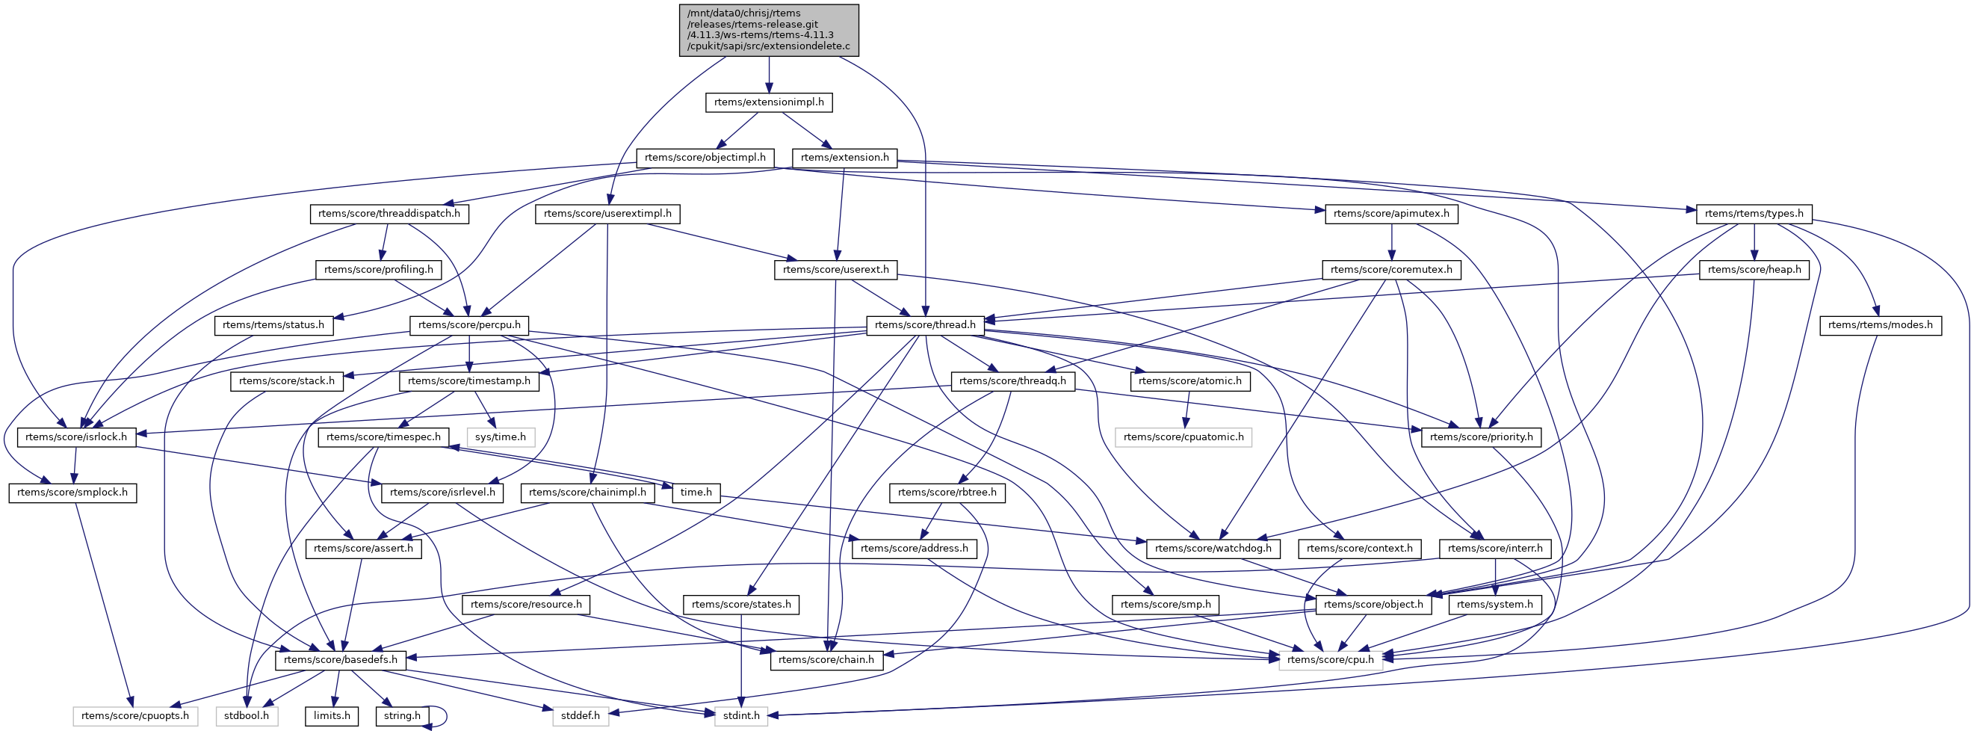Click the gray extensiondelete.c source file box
(x=769, y=30)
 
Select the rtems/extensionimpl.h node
(x=769, y=102)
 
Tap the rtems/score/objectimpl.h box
(x=705, y=158)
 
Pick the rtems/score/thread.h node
(x=925, y=325)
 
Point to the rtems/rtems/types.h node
(x=1754, y=214)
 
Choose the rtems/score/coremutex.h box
(x=1391, y=270)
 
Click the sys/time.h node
(x=501, y=437)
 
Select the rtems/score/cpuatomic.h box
(x=1184, y=437)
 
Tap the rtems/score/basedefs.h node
(x=340, y=660)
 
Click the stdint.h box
(x=741, y=715)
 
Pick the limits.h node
(x=332, y=715)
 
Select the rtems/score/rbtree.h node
(x=947, y=493)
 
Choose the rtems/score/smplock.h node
(x=72, y=493)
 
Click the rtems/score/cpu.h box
(x=1330, y=660)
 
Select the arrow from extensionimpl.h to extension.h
(x=802, y=130)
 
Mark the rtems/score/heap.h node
(x=1754, y=270)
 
